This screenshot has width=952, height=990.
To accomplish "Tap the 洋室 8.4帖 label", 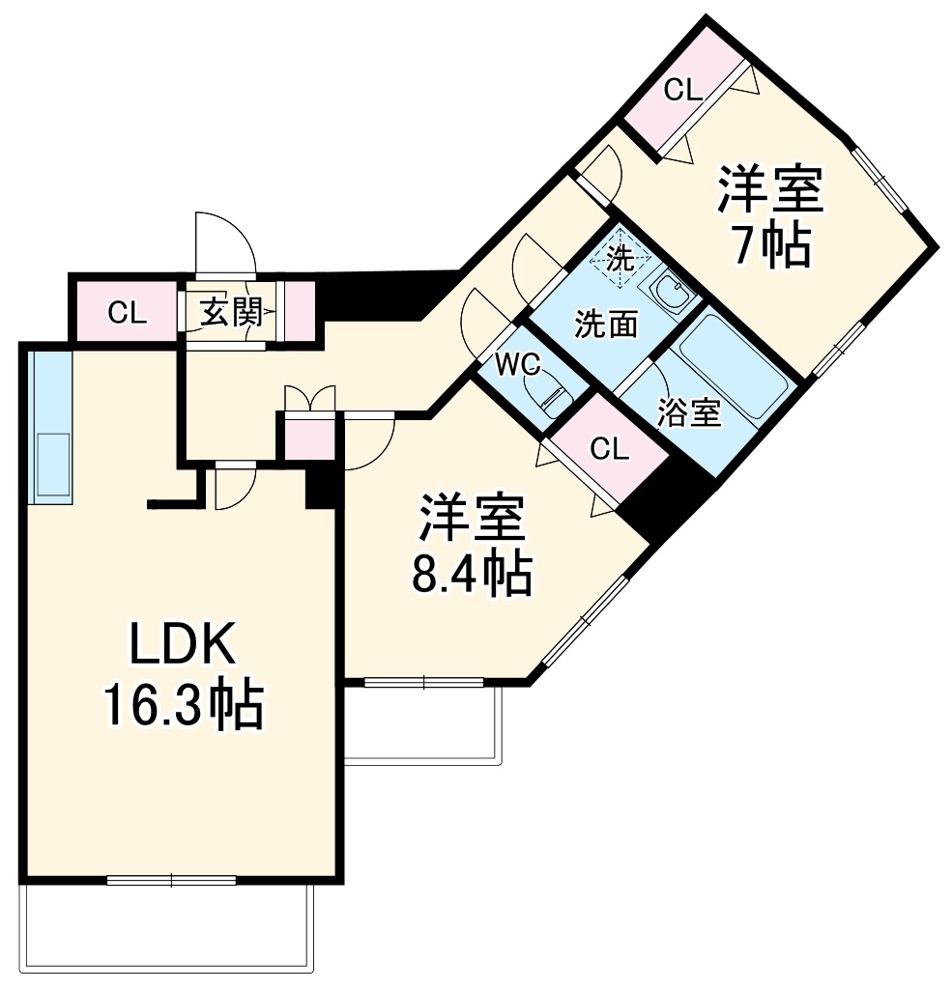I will pos(473,546).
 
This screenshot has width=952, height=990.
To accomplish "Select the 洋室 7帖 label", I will pos(769,216).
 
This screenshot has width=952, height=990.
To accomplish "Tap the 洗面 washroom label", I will pos(606,325).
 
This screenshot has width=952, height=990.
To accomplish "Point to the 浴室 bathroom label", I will pos(688,412).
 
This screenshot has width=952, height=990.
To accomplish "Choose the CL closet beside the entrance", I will pos(127,312).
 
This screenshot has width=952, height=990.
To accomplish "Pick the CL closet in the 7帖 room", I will pos(682,91).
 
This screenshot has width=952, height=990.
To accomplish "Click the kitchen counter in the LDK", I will pos(50,426).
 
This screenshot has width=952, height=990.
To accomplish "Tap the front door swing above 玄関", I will pos(223,246).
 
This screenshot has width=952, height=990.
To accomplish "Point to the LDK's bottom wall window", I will pos(171,880).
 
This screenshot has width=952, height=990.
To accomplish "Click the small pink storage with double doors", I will pos(307,435).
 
